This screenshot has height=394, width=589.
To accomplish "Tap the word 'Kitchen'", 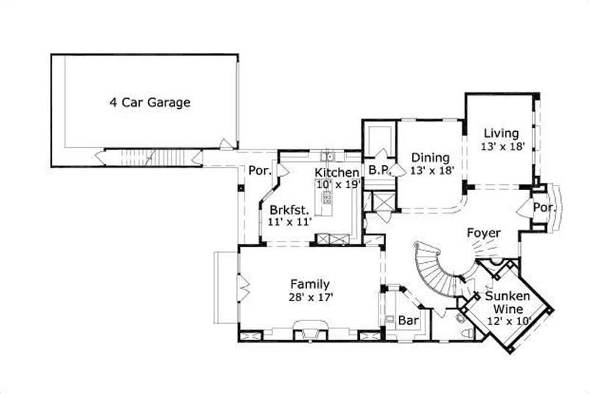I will pyautogui.click(x=337, y=172).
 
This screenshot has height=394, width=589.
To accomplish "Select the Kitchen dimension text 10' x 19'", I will pyautogui.click(x=337, y=184).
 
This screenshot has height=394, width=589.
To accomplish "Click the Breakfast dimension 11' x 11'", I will pyautogui.click(x=290, y=220).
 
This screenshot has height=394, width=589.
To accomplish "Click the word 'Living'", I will pyautogui.click(x=501, y=133).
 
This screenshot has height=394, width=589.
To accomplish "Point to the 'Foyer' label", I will pyautogui.click(x=484, y=233).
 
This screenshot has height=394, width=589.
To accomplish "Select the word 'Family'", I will pyautogui.click(x=309, y=284).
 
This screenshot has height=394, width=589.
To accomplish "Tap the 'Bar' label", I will pyautogui.click(x=408, y=321).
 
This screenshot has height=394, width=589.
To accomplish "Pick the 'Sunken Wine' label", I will pyautogui.click(x=505, y=303).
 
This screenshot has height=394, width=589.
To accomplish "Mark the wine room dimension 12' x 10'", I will pyautogui.click(x=507, y=321).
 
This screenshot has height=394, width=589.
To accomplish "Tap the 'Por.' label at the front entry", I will pyautogui.click(x=543, y=208).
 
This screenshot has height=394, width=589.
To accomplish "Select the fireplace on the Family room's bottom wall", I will pyautogui.click(x=309, y=329).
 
